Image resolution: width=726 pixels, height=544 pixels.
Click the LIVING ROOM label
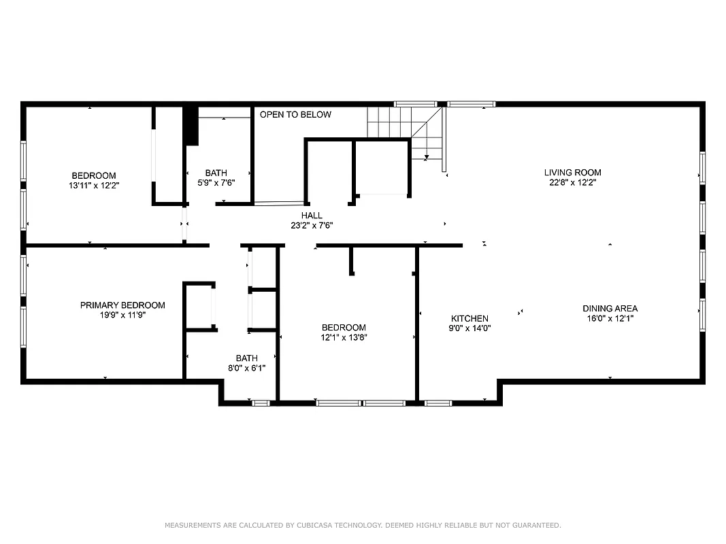pyautogui.click(x=572, y=173)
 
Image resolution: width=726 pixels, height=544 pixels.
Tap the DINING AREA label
pyautogui.click(x=610, y=309)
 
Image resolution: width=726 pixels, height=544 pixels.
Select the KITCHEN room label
pyautogui.click(x=469, y=318)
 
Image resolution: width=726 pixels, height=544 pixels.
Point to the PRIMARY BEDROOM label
pyautogui.click(x=122, y=305)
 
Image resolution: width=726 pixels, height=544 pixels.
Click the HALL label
pyautogui.click(x=312, y=216)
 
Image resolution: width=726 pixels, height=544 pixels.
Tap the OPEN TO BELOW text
pyautogui.click(x=295, y=115)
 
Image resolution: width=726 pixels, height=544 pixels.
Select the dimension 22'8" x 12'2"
pyautogui.click(x=572, y=182)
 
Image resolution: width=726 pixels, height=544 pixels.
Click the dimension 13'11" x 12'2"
pyautogui.click(x=94, y=185)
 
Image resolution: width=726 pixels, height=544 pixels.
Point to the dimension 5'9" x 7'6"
pyautogui.click(x=216, y=182)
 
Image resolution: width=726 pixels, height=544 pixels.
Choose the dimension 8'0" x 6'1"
pyautogui.click(x=246, y=368)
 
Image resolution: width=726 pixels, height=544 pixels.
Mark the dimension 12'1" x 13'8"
pyautogui.click(x=344, y=337)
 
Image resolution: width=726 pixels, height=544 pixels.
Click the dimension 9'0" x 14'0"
pyautogui.click(x=469, y=328)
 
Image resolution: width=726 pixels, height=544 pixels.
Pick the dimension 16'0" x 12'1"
pyautogui.click(x=610, y=318)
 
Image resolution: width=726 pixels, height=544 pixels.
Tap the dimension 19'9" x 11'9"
pyautogui.click(x=122, y=315)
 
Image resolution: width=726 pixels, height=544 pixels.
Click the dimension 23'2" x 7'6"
pyautogui.click(x=312, y=225)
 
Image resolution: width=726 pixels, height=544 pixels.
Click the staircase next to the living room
pyautogui.click(x=407, y=133)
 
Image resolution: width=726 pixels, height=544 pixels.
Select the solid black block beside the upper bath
pyautogui.click(x=191, y=125)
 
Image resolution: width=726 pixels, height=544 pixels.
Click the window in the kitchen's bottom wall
pyautogui.click(x=438, y=403)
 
